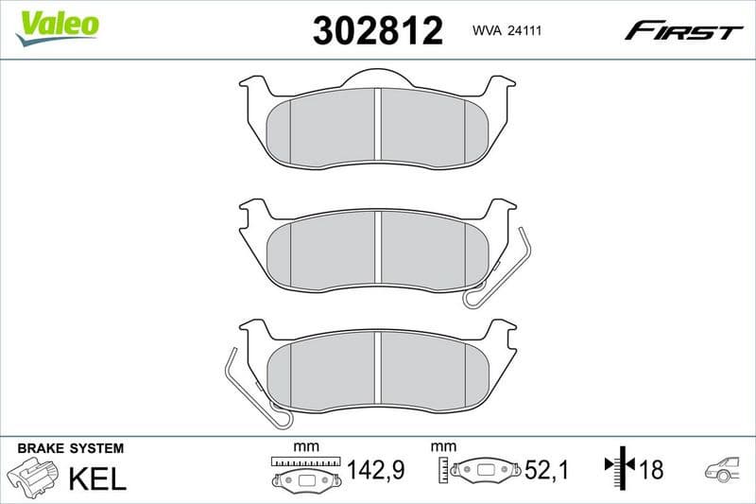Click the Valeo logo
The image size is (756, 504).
tap(58, 25)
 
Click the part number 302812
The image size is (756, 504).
tap(377, 32)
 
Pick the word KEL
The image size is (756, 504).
tap(97, 478)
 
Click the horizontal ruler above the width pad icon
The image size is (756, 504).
tap(303, 461)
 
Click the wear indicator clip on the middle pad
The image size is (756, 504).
tap(499, 269)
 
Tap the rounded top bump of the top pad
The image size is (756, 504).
tap(377, 78)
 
